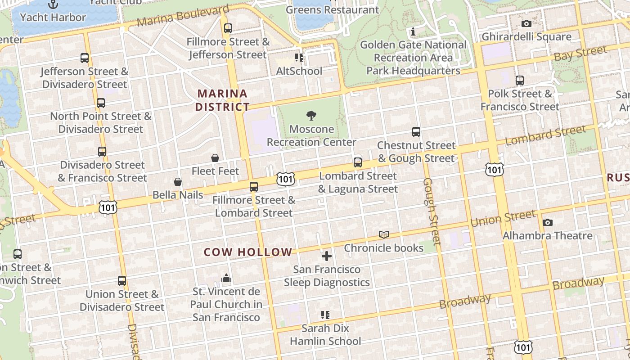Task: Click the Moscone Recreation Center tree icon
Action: [x=311, y=116]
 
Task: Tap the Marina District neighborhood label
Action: [x=222, y=100]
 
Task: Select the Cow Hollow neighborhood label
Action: [x=248, y=252]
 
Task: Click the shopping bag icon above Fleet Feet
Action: [x=215, y=158]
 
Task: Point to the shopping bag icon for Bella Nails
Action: [x=178, y=182]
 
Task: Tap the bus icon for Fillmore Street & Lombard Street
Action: [x=254, y=186]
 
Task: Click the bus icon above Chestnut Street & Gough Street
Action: [x=416, y=132]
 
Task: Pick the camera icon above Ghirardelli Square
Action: [x=526, y=23]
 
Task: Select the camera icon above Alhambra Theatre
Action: [x=547, y=222]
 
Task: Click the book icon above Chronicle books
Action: [x=383, y=234]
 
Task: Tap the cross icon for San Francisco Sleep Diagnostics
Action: [x=327, y=256]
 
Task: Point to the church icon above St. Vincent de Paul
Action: [x=226, y=279]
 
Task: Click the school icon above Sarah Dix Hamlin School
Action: [x=325, y=315]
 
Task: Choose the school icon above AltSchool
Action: [x=299, y=58]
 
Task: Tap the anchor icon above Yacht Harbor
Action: [x=53, y=4]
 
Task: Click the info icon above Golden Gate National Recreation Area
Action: [x=413, y=31]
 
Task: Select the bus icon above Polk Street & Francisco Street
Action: [x=520, y=81]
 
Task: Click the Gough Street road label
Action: [x=431, y=211]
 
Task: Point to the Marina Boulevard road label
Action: [x=183, y=16]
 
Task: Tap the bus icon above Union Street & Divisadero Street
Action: [x=122, y=281]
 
